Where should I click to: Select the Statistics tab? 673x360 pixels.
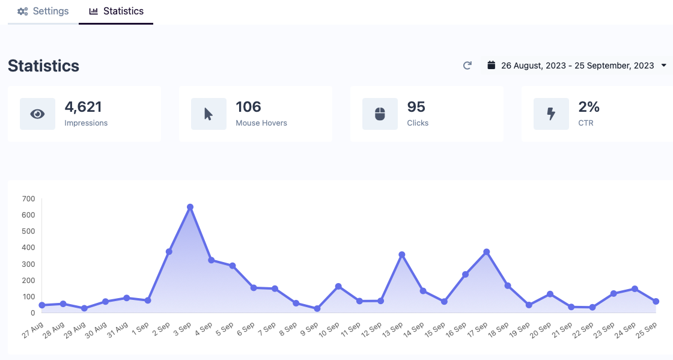pos(116,11)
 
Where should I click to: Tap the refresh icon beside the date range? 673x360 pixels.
pos(467,66)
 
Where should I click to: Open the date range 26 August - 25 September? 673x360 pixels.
pos(577,66)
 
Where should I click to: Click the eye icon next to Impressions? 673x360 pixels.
pos(37,114)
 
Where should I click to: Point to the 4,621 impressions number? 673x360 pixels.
pos(84,107)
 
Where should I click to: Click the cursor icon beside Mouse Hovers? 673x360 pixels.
pos(209,114)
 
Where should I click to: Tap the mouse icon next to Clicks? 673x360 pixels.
pos(380,114)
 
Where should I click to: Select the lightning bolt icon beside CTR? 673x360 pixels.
pos(551,114)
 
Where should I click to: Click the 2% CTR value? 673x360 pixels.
pos(589,107)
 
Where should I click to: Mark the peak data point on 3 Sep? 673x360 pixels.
pos(190,207)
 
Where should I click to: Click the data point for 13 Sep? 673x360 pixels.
pos(402,255)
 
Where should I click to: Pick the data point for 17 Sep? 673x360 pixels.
pos(487,252)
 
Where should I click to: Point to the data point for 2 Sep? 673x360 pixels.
pos(169,252)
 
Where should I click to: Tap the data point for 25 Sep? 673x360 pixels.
pos(656,301)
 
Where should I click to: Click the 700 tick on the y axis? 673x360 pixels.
pos(28,198)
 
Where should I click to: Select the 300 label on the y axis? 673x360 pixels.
pos(28,264)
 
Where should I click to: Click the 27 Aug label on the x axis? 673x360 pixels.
pos(34,330)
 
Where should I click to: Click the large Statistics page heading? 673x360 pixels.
pos(43,66)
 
